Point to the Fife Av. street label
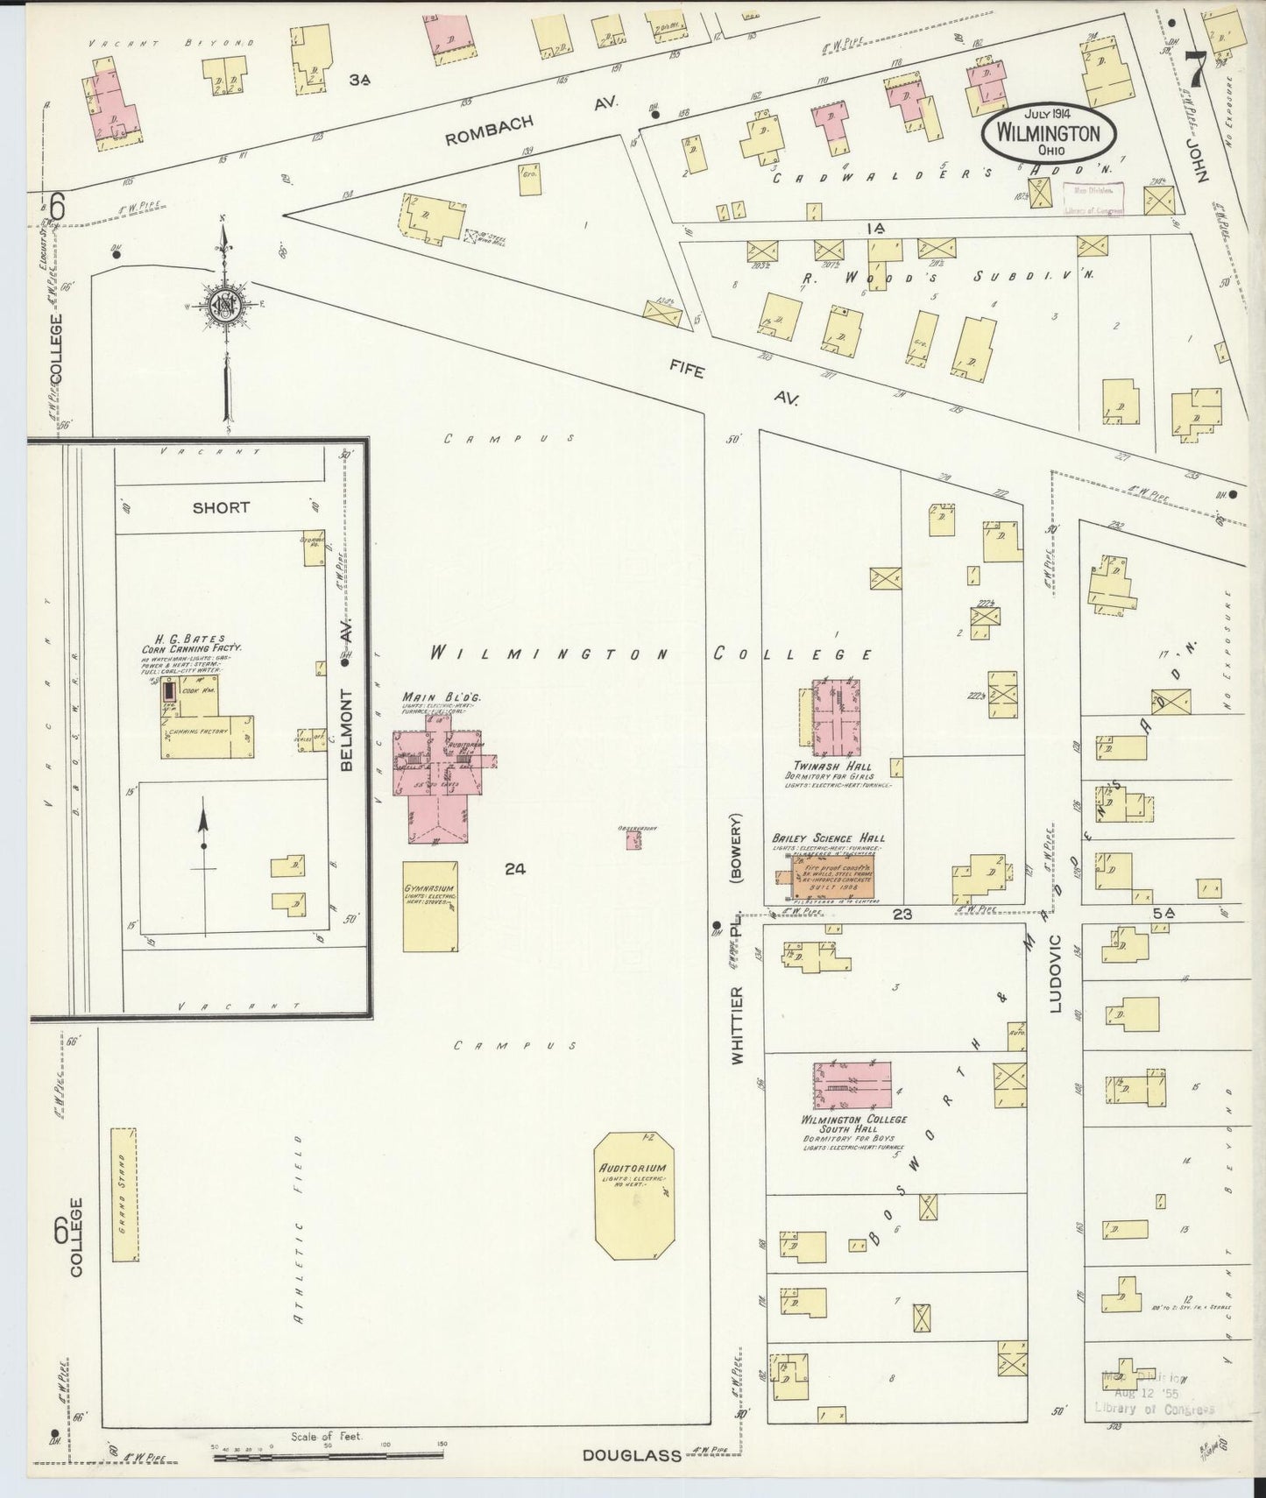739,385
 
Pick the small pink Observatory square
633,840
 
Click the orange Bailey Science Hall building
834,878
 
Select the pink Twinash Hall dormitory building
834,717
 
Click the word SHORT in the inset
221,507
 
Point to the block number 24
514,869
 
